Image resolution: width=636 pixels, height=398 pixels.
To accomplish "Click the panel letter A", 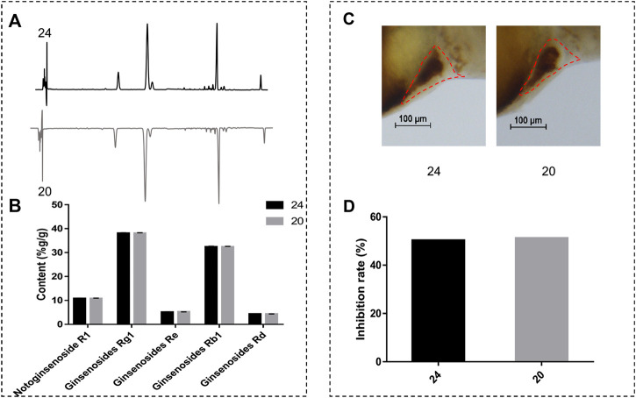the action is click(15, 21).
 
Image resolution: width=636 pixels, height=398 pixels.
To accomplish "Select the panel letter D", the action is click(349, 206).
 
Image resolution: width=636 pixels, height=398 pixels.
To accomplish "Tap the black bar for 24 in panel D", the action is click(438, 301).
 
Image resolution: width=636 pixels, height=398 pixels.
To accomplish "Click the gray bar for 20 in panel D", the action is click(541, 299).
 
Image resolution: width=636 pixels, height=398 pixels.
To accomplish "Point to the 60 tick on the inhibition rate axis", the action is click(375, 217).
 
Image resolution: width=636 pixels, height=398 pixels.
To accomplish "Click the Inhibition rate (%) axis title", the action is click(361, 288).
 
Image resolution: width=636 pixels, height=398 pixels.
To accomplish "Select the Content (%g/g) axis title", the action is click(42, 264).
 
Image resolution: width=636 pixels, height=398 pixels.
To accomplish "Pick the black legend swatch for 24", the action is click(275, 205).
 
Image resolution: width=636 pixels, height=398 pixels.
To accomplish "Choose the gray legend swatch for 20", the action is click(275, 221).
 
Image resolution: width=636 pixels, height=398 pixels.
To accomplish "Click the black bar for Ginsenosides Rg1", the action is click(124, 278).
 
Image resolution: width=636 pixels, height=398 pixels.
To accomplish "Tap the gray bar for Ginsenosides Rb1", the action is click(227, 285).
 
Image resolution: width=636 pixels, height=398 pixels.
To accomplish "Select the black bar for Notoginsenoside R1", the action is click(80, 311).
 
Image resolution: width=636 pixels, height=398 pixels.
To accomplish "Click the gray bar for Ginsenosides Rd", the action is click(271, 318).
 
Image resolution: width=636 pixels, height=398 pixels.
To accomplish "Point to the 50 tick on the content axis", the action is click(57, 204).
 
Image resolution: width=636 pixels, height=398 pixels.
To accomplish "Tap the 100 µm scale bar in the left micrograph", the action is click(413, 125).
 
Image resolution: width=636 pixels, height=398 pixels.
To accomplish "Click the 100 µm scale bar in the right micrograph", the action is click(528, 126).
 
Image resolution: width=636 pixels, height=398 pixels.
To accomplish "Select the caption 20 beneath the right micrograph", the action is click(548, 171).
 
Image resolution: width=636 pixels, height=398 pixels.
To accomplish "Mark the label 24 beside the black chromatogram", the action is click(45, 33).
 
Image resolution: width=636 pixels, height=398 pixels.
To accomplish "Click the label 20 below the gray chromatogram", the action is click(45, 191).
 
